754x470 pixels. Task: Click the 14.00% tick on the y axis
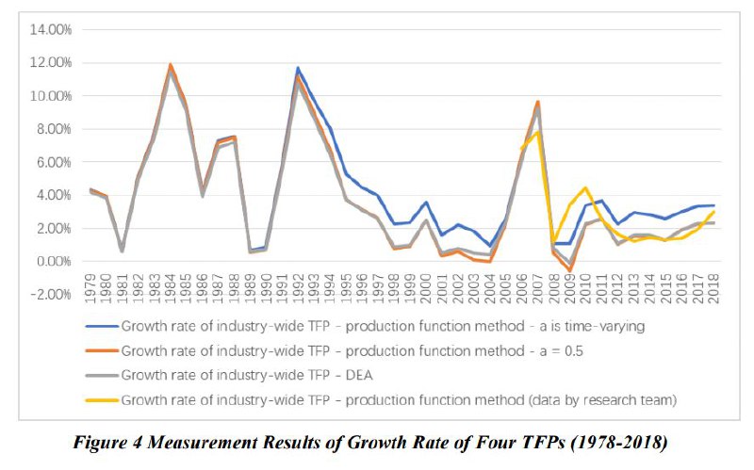pyautogui.click(x=52, y=30)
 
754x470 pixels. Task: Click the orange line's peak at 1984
pyautogui.click(x=171, y=64)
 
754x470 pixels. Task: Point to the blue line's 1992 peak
pyautogui.click(x=298, y=68)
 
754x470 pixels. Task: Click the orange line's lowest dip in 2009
pyautogui.click(x=570, y=271)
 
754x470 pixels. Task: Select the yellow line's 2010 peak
pyautogui.click(x=586, y=187)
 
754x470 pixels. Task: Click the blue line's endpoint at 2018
pyautogui.click(x=714, y=205)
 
